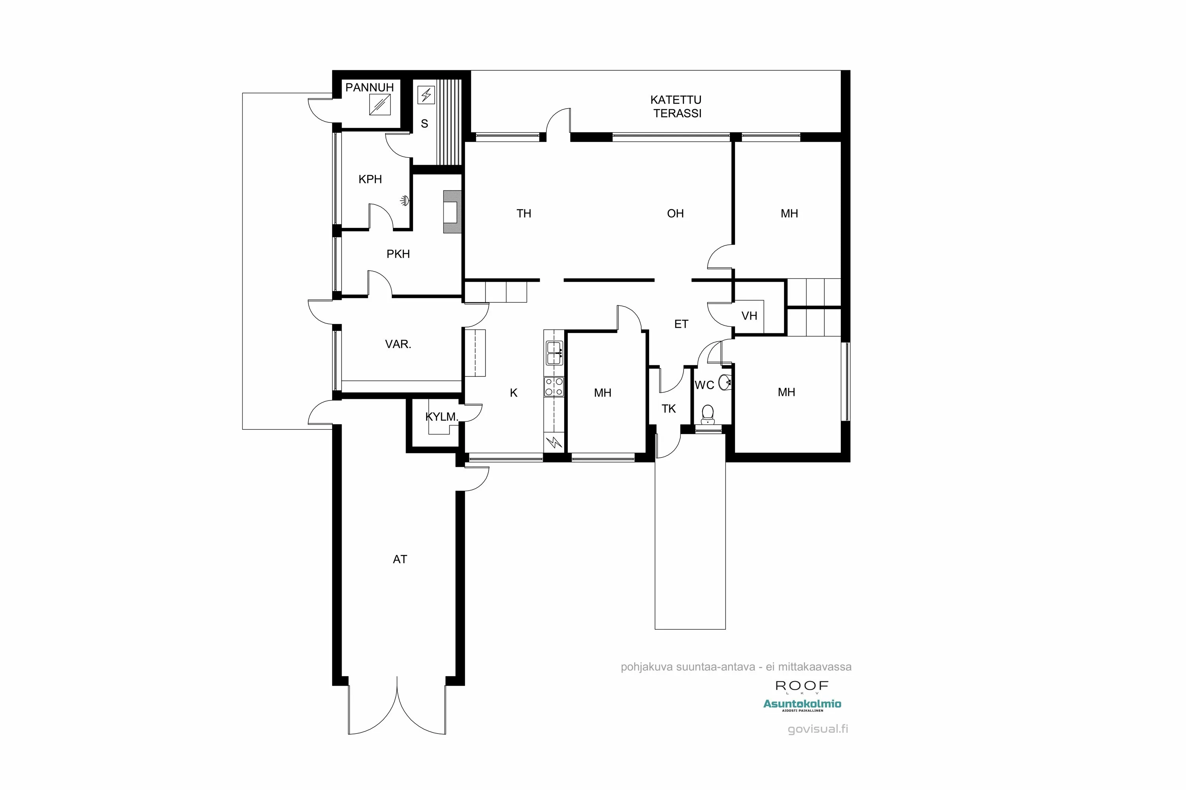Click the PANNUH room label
point(369,88)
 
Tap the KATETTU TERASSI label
point(676,107)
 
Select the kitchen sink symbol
point(554,353)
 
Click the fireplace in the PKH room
point(452,212)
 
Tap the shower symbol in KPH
point(404,201)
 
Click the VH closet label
point(749,316)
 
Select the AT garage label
point(400,559)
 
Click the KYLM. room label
point(441,417)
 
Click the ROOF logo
point(802,686)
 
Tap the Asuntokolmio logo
point(802,704)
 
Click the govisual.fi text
point(818,729)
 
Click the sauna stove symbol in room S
point(426,95)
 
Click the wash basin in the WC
point(725,382)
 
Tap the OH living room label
point(675,214)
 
